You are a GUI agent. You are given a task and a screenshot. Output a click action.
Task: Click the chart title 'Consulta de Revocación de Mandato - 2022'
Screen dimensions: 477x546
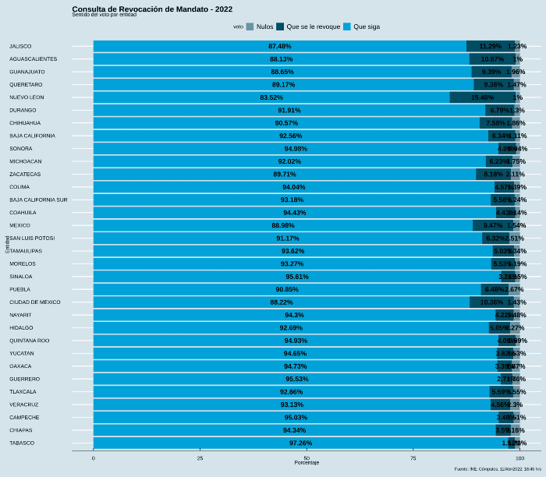pyautogui.click(x=152, y=9)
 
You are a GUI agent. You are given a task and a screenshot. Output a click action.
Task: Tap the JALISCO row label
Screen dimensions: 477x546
pyautogui.click(x=20, y=46)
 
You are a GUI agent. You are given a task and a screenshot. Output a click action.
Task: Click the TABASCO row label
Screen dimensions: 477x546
pyautogui.click(x=22, y=443)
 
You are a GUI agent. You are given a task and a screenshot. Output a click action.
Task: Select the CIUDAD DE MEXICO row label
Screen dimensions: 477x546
pyautogui.click(x=34, y=302)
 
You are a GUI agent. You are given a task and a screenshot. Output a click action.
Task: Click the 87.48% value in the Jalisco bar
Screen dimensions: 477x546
pyautogui.click(x=279, y=46)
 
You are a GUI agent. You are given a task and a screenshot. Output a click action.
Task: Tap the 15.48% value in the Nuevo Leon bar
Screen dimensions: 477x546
pyautogui.click(x=482, y=97)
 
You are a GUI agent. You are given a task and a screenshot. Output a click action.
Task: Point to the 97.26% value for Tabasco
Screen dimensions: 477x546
pyautogui.click(x=300, y=443)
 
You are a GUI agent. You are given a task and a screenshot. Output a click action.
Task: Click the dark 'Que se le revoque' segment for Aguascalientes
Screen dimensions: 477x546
pyautogui.click(x=491, y=59)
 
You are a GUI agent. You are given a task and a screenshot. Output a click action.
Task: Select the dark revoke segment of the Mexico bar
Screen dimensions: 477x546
pyautogui.click(x=492, y=225)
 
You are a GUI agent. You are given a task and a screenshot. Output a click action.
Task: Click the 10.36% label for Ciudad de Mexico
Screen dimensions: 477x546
pyautogui.click(x=491, y=302)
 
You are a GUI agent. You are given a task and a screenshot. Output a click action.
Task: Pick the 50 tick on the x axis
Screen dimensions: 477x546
pyautogui.click(x=307, y=458)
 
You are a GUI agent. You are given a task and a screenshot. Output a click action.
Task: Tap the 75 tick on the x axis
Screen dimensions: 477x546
pyautogui.click(x=413, y=458)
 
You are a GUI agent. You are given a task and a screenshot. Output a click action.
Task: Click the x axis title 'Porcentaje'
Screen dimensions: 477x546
pyautogui.click(x=307, y=463)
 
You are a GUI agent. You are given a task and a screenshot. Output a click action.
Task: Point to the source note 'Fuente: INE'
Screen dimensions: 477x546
pyautogui.click(x=498, y=469)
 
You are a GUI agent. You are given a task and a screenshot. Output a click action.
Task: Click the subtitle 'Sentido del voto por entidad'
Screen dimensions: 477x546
pyautogui.click(x=104, y=15)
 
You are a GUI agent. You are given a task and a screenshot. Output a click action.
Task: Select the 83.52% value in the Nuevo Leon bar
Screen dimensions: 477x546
pyautogui.click(x=271, y=97)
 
